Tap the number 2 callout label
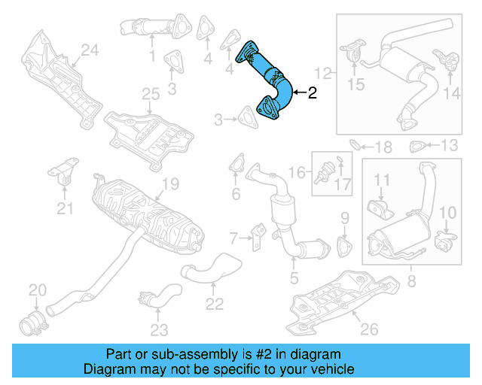pos(313,92)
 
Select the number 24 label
pos(90,50)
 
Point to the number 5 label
pos(294,276)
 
